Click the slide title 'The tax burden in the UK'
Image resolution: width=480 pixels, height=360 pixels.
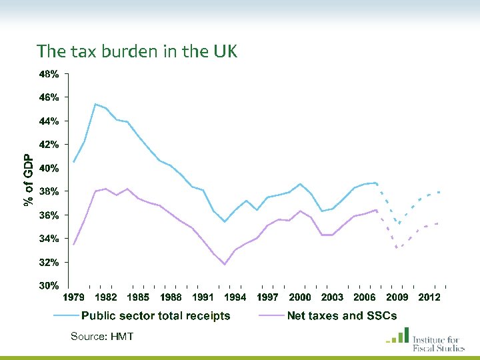coord(137,51)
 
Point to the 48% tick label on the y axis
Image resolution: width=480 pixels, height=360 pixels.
coord(48,75)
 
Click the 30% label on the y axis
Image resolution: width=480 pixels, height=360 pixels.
coord(48,286)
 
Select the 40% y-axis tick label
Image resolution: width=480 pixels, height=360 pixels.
coord(48,169)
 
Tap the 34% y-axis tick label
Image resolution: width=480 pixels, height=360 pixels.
coord(48,239)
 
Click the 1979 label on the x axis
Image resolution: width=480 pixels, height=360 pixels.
coord(74,297)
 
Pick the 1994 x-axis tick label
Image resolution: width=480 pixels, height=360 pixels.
coord(235,297)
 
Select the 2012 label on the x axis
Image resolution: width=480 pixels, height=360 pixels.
coord(429,297)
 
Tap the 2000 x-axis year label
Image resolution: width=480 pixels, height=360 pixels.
coord(300,297)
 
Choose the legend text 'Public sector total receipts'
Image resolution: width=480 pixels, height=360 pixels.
coord(156,316)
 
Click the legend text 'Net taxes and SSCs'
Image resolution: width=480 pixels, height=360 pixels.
coord(342,316)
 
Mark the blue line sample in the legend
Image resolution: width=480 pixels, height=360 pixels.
coord(66,316)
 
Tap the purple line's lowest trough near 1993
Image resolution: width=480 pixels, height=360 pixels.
coord(225,265)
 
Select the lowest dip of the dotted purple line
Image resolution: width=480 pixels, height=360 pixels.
coord(398,248)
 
